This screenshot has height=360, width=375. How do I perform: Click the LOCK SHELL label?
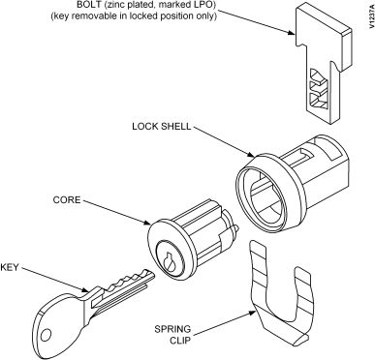(x=162, y=126)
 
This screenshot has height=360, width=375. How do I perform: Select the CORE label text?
(x=67, y=199)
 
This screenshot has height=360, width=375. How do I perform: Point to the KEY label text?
(x=10, y=267)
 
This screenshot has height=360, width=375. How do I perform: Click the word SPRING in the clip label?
(x=172, y=329)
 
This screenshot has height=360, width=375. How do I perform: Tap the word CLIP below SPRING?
(x=180, y=341)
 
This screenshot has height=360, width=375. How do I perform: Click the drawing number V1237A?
(x=370, y=19)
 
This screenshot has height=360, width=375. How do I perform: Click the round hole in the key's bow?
(x=47, y=335)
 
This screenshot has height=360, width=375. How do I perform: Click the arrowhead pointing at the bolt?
(x=291, y=33)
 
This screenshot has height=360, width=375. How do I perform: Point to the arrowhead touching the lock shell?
(x=251, y=156)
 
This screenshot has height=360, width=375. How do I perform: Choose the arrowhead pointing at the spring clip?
(x=253, y=312)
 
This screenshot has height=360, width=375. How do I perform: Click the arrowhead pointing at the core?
(x=147, y=223)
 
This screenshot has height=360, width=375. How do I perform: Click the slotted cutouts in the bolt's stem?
(x=318, y=89)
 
